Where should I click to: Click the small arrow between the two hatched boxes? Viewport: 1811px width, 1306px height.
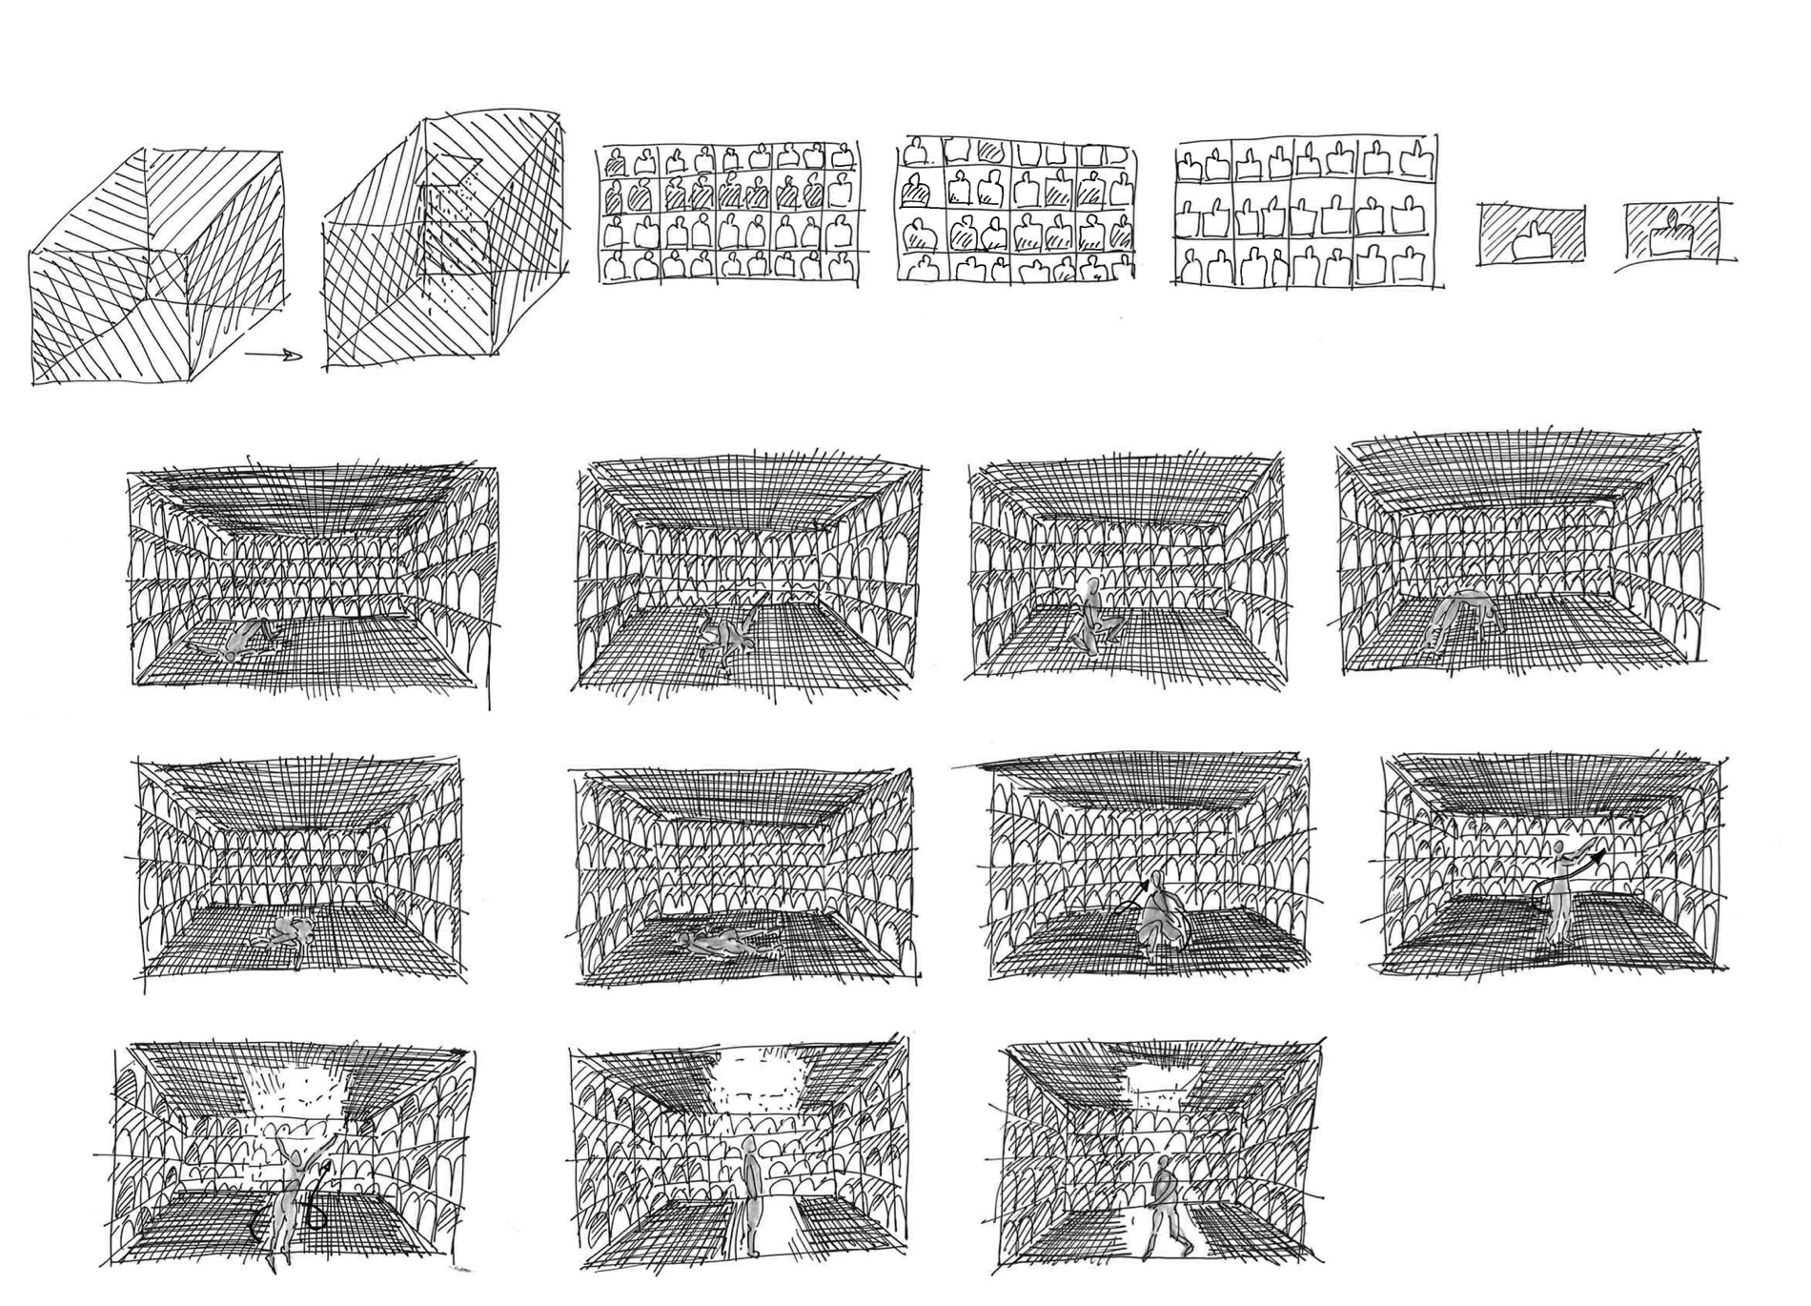(x=275, y=357)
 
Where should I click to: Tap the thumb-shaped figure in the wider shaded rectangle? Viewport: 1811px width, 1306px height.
(x=1532, y=240)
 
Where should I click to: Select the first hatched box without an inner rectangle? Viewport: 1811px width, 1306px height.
(x=153, y=267)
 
